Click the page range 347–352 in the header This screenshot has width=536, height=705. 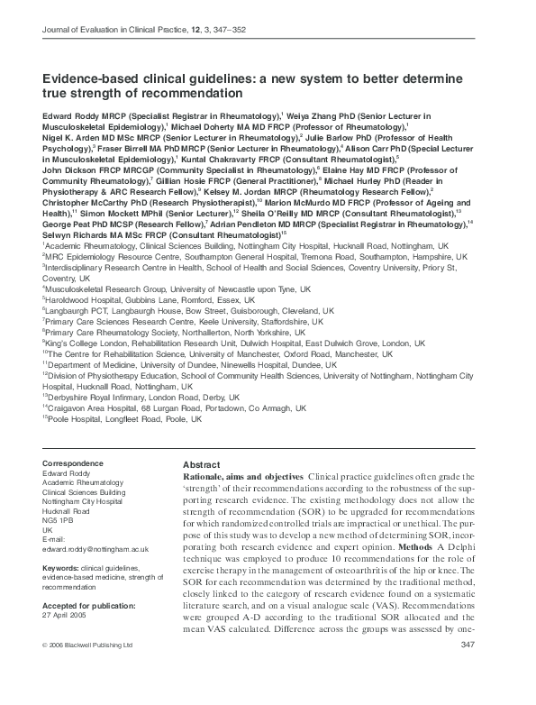click(246, 32)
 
